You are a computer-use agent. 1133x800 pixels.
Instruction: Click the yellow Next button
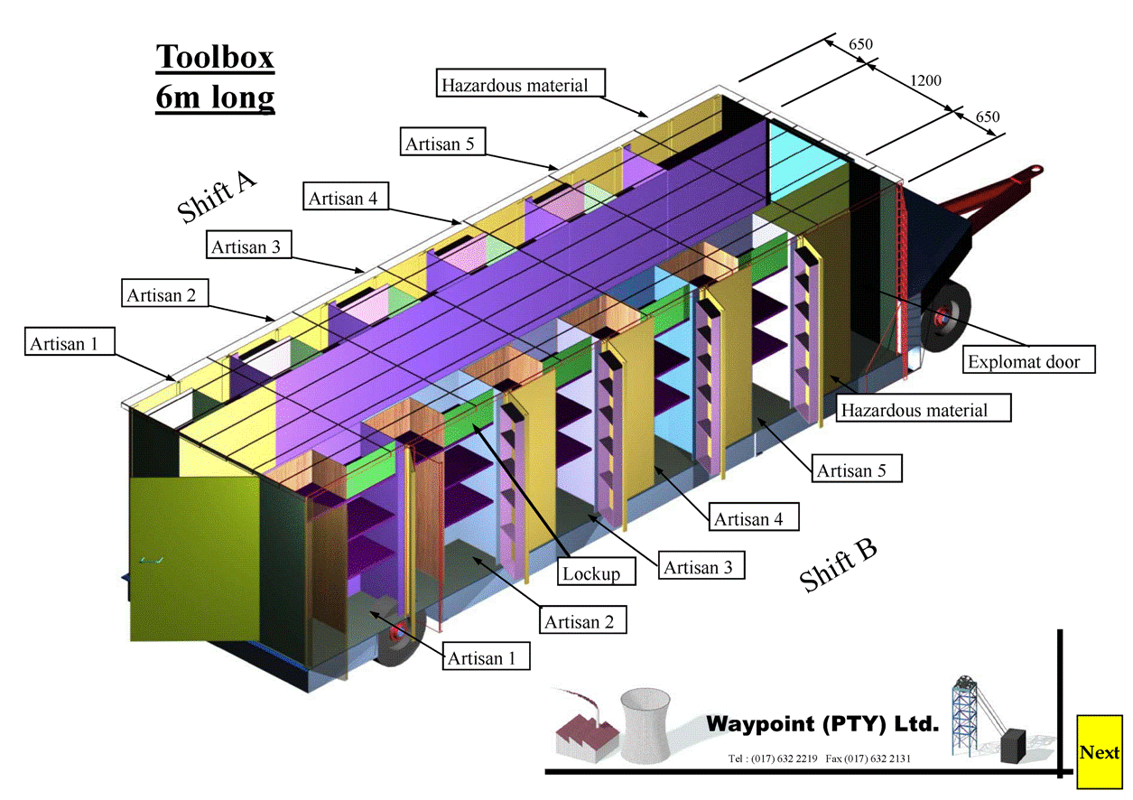pos(1099,751)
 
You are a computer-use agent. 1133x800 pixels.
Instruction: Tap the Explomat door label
pos(1028,362)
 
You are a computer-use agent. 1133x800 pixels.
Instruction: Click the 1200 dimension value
pos(924,80)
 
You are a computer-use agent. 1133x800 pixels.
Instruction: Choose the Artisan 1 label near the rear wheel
pos(487,657)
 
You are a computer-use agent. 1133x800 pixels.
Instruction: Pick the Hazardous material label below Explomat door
pos(922,410)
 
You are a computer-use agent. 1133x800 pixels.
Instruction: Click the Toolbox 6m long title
pos(215,76)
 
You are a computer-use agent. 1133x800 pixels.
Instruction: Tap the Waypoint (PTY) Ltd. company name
pos(822,723)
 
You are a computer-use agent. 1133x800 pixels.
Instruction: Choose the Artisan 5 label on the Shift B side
pos(857,470)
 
